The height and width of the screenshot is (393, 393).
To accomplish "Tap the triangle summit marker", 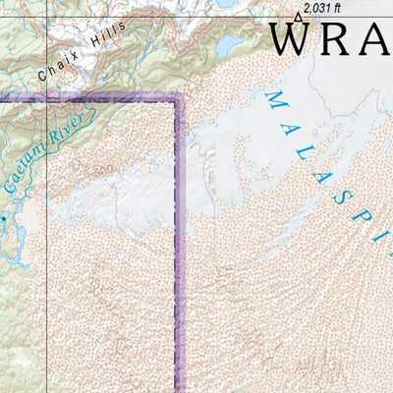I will pos(299,16).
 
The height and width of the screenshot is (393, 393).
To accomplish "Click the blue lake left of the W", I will pos(228,44).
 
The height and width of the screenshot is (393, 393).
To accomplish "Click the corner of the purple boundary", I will pos(181,97).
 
